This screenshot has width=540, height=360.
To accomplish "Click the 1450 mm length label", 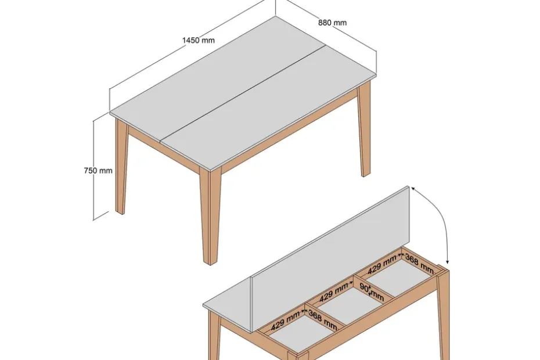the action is tap(199, 40).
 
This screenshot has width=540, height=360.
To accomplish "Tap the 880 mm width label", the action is tap(332, 23).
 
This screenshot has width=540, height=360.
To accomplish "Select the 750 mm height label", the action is tap(98, 171).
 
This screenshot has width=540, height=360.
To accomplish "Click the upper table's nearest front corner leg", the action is tap(210, 217).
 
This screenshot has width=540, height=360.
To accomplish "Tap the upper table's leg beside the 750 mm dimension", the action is tap(121, 166).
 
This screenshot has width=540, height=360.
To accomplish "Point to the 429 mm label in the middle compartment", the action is tap(333, 293).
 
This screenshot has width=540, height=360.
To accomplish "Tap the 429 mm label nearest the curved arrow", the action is tap(382, 265).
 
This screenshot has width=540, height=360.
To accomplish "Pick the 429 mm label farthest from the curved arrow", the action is tap(285, 322).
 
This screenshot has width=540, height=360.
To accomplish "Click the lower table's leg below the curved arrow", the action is tap(443, 314).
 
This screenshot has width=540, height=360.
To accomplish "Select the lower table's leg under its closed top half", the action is tap(214, 336).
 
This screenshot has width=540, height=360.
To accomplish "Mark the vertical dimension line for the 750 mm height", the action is tap(93, 170).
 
